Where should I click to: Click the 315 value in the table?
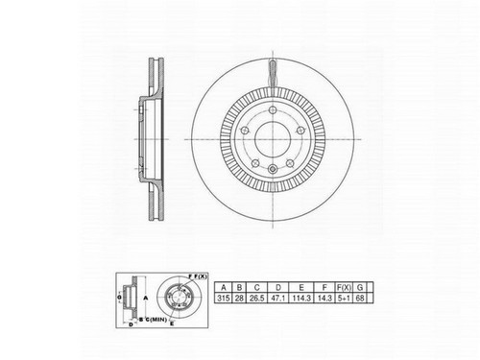point(224,299)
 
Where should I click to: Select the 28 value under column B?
point(241,299)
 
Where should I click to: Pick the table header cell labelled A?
point(224,287)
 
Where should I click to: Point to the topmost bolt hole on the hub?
point(273,114)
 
